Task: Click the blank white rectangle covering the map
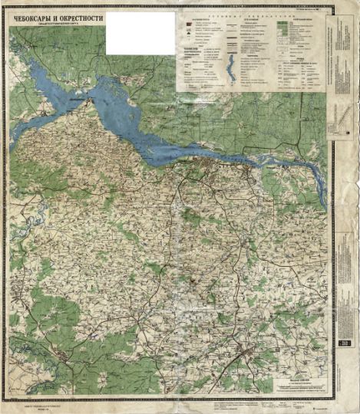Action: tap(140, 33)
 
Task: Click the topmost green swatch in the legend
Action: tap(282, 23)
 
